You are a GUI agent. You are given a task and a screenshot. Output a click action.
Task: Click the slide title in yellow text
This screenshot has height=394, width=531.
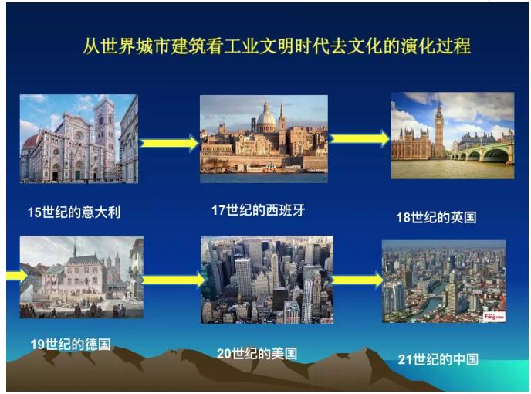[276, 46]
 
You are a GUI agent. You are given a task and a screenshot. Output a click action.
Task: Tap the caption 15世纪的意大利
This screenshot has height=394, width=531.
[74, 212]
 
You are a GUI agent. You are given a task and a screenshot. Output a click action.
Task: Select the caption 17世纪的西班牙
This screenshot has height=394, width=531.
[258, 210]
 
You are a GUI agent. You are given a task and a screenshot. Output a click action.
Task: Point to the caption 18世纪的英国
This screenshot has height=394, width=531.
[436, 217]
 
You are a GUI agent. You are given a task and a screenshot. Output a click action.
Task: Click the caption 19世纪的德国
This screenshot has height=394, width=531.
[71, 344]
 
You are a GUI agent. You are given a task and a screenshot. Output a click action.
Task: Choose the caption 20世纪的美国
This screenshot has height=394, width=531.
[257, 354]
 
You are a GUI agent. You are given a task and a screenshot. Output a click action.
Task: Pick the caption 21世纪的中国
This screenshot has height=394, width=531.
[438, 359]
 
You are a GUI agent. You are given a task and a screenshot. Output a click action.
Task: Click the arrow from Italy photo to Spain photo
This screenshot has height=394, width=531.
[168, 143]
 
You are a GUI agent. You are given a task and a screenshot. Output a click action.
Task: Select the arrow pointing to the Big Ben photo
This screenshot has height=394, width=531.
[360, 138]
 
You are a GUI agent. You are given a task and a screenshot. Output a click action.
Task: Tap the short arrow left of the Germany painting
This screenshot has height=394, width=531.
[17, 275]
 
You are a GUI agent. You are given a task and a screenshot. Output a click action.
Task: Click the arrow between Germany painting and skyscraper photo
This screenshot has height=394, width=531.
[173, 280]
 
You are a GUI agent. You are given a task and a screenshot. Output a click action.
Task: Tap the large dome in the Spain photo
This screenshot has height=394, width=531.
[266, 119]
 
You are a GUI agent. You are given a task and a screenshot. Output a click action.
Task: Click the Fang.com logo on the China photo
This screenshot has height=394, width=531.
[494, 317]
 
